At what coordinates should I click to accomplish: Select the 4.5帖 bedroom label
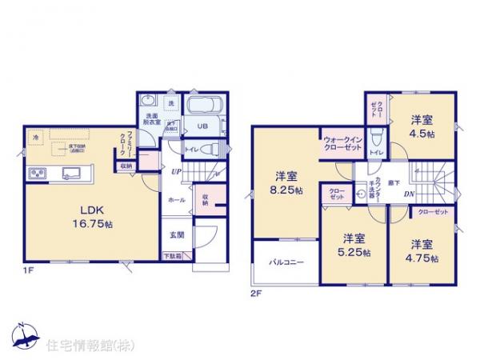coord(423,127)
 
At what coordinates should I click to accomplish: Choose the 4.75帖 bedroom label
coord(423,250)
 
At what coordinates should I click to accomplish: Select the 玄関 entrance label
coord(177,235)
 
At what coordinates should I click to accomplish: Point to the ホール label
coord(177,201)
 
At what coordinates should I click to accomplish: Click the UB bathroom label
coord(202,126)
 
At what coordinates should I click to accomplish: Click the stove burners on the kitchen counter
coord(38,174)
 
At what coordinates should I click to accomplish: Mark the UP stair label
coord(171,170)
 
